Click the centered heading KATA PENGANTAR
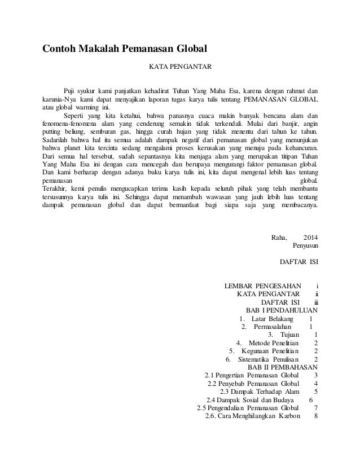[x=179, y=68]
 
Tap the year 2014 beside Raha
[x=310, y=236]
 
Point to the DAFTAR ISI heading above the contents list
[x=298, y=262]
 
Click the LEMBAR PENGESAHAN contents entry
[x=264, y=285]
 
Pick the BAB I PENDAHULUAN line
[x=282, y=310]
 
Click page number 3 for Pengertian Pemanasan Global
[x=316, y=375]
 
